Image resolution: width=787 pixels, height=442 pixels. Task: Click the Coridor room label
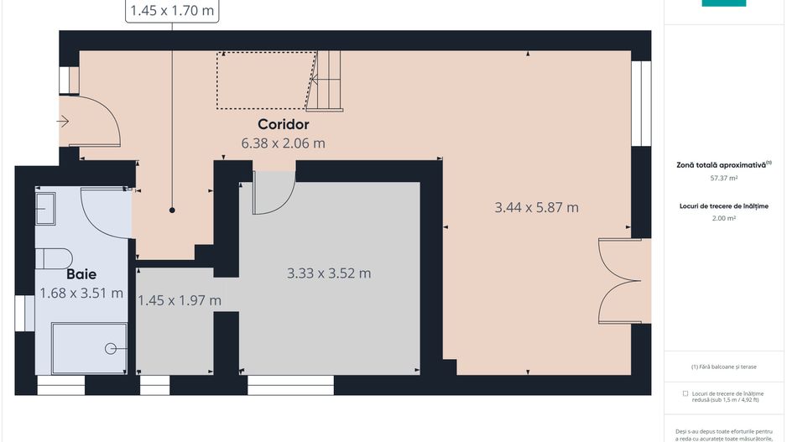point(283,125)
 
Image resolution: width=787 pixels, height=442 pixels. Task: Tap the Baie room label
point(81,273)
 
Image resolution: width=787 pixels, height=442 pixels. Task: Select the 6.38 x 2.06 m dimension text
point(283,143)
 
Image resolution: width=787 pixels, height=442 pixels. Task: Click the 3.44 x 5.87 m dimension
point(537,207)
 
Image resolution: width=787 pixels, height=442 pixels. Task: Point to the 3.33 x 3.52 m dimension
point(329,273)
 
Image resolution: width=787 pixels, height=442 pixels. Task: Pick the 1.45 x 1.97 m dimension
point(179,300)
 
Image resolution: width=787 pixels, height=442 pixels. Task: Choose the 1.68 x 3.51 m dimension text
point(81,293)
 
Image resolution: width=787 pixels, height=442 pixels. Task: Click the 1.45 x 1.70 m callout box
point(172,11)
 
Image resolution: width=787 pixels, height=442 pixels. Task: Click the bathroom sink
point(45,209)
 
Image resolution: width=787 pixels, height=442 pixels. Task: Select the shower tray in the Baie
point(88,348)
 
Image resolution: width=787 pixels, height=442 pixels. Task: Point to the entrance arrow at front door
point(64,122)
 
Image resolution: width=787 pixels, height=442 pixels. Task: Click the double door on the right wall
point(621,281)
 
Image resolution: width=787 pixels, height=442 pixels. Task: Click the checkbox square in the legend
point(685,393)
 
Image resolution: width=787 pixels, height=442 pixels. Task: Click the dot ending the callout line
point(172,211)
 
